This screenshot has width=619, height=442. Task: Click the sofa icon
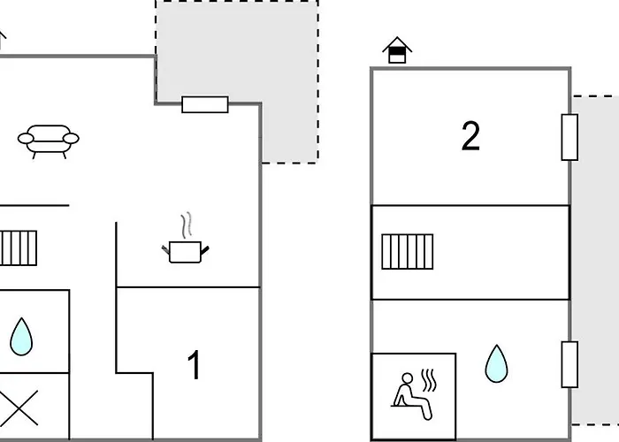point(48,140)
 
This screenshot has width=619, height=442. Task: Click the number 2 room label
point(470,137)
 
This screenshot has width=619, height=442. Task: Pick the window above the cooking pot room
point(205,104)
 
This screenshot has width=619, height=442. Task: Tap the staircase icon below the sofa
point(18,248)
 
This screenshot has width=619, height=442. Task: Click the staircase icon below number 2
point(408,251)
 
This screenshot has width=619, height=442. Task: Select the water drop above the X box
point(21,337)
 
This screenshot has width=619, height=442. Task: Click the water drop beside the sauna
point(497,363)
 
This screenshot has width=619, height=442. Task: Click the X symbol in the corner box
point(21,408)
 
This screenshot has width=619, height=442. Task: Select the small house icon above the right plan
point(398,50)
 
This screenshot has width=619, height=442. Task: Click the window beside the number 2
point(569,137)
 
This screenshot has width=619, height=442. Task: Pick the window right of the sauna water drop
point(569,363)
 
